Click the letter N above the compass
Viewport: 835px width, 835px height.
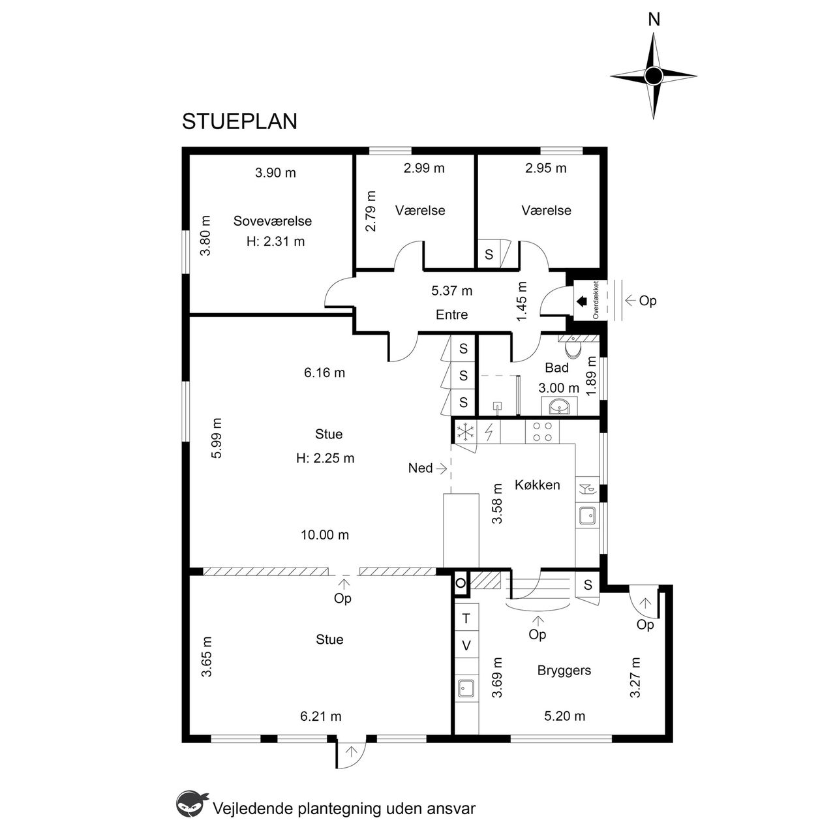click(654, 20)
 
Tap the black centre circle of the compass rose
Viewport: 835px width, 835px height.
click(654, 76)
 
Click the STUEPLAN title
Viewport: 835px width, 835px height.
click(239, 121)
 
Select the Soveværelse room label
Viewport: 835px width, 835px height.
click(273, 221)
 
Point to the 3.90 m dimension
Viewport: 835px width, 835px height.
click(275, 173)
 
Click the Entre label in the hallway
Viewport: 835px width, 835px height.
click(451, 314)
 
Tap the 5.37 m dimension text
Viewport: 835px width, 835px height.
click(451, 291)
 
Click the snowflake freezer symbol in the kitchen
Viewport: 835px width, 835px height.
click(465, 432)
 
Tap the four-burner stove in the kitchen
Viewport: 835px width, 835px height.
click(542, 432)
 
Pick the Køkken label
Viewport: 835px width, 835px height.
click(538, 485)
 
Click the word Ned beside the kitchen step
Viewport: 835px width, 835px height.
click(420, 468)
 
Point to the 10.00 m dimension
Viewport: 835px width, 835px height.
click(325, 535)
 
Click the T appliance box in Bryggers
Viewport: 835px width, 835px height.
click(466, 618)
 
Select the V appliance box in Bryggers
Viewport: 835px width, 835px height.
click(466, 646)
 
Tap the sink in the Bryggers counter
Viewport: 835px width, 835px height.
click(466, 688)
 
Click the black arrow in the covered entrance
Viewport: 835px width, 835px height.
click(581, 301)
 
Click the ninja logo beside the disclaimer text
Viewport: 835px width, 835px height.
click(192, 805)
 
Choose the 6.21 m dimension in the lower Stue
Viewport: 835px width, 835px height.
click(321, 717)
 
